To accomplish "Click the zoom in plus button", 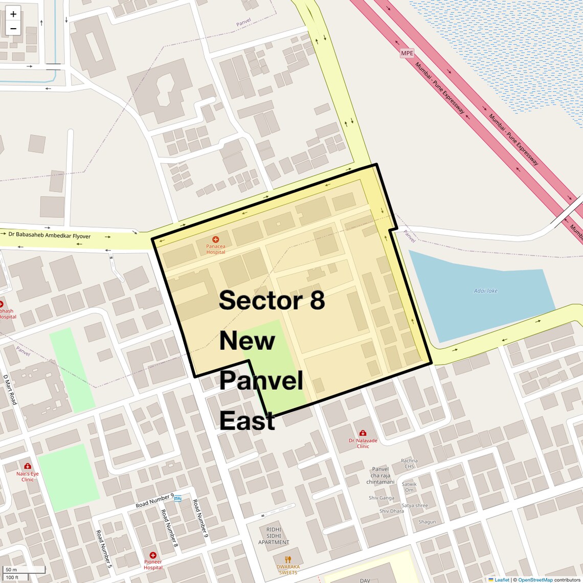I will coord(13,14).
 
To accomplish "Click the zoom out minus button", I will coord(13,29).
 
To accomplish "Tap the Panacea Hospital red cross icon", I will coord(216,239).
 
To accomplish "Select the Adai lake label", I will coord(485,291).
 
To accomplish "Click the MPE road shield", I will coord(407,53).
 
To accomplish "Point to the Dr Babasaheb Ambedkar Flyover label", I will coord(49,236).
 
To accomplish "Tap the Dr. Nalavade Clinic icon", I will coord(363,433).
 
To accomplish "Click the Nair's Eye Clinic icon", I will coord(28,466).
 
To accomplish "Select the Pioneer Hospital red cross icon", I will coord(153,555).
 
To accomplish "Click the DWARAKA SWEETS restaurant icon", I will coord(288,559).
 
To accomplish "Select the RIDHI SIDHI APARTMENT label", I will coord(274,536).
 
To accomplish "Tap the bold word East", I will coord(247,421).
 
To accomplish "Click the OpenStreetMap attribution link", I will coord(535,580).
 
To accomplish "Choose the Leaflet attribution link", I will coord(501,580).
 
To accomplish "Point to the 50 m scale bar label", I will coord(11,570).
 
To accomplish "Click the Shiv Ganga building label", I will coord(382,498).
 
